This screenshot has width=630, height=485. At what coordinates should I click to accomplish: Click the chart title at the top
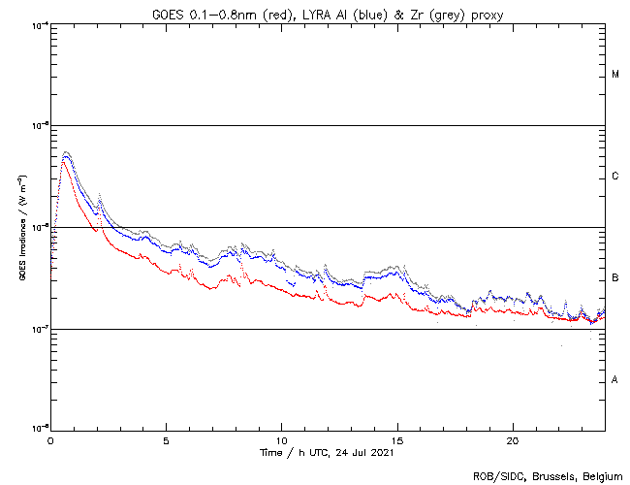coord(328,13)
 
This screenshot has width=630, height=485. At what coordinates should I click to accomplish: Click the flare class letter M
coord(615,75)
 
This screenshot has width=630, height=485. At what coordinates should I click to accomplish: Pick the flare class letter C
coord(615,177)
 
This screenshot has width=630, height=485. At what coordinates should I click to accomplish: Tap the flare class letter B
coord(615,278)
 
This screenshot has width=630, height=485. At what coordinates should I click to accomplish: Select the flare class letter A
coord(615,380)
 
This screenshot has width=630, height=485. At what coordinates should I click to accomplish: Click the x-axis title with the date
coord(328,453)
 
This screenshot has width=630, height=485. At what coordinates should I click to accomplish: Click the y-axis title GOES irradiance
coord(21,228)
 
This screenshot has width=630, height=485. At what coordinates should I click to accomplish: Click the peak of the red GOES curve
coord(63,160)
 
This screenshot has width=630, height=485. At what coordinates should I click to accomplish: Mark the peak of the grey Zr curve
coord(66,151)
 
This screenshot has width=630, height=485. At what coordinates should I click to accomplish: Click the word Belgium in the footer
coord(598,475)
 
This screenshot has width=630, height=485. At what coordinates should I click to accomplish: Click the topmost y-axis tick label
coord(39,24)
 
